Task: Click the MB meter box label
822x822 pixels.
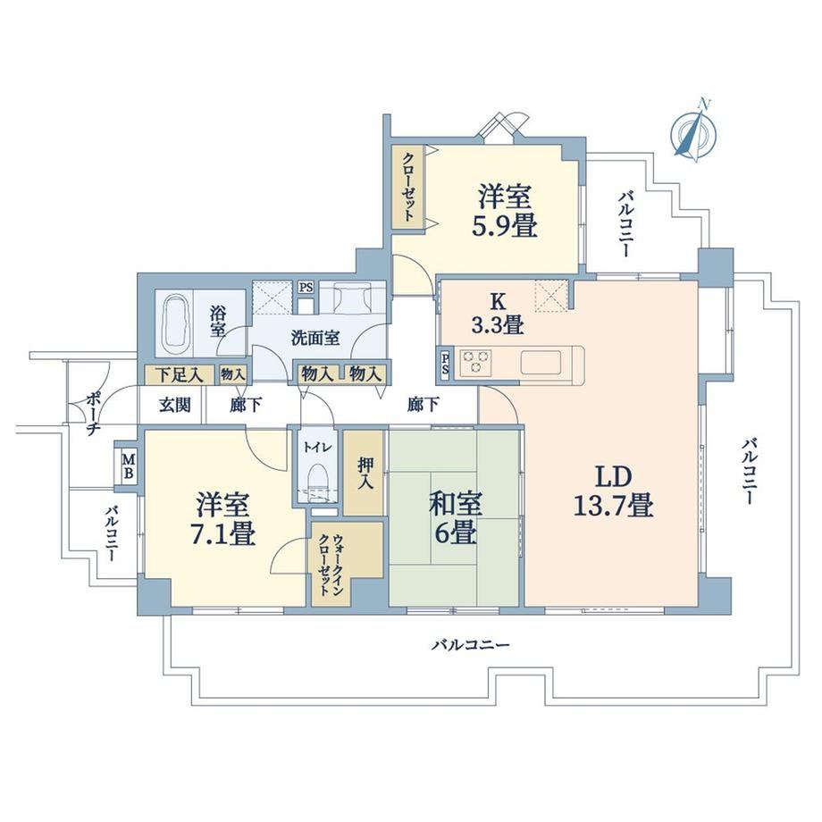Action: (x=129, y=467)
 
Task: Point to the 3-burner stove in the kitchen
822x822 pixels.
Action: (x=475, y=362)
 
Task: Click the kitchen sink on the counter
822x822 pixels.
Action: (x=541, y=362)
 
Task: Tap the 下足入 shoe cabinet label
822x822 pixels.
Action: (x=180, y=375)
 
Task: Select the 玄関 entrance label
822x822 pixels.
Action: (x=174, y=405)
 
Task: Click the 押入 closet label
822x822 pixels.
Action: (x=365, y=473)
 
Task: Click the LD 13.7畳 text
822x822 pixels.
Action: (x=613, y=491)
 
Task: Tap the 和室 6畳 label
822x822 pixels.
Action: (x=455, y=519)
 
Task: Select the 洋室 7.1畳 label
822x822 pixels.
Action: (x=226, y=519)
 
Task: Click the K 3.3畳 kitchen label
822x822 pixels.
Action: (x=498, y=314)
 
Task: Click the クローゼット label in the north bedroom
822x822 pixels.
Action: (x=409, y=186)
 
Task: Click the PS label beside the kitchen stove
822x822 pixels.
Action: (x=445, y=364)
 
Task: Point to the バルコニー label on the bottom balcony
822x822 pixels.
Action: (x=470, y=644)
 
